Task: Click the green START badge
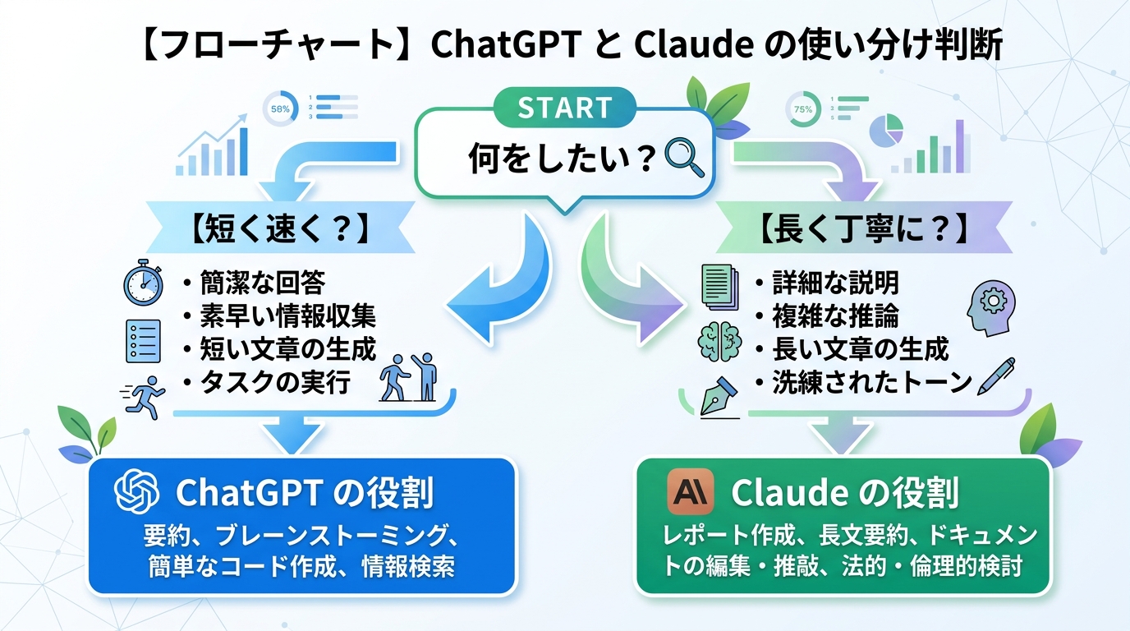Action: click(x=564, y=107)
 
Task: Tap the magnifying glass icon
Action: click(x=685, y=158)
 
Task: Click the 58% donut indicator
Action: click(x=281, y=108)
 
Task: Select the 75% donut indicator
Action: click(x=802, y=109)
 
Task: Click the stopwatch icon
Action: click(x=143, y=283)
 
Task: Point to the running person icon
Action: click(x=144, y=397)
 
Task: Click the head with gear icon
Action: click(x=991, y=308)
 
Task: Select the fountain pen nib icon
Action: click(x=720, y=398)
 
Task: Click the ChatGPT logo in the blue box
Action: click(x=136, y=491)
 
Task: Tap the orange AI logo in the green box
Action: click(x=690, y=491)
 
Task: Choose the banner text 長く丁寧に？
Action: click(x=863, y=228)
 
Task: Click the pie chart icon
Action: click(x=886, y=131)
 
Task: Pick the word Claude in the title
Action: click(x=694, y=44)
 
